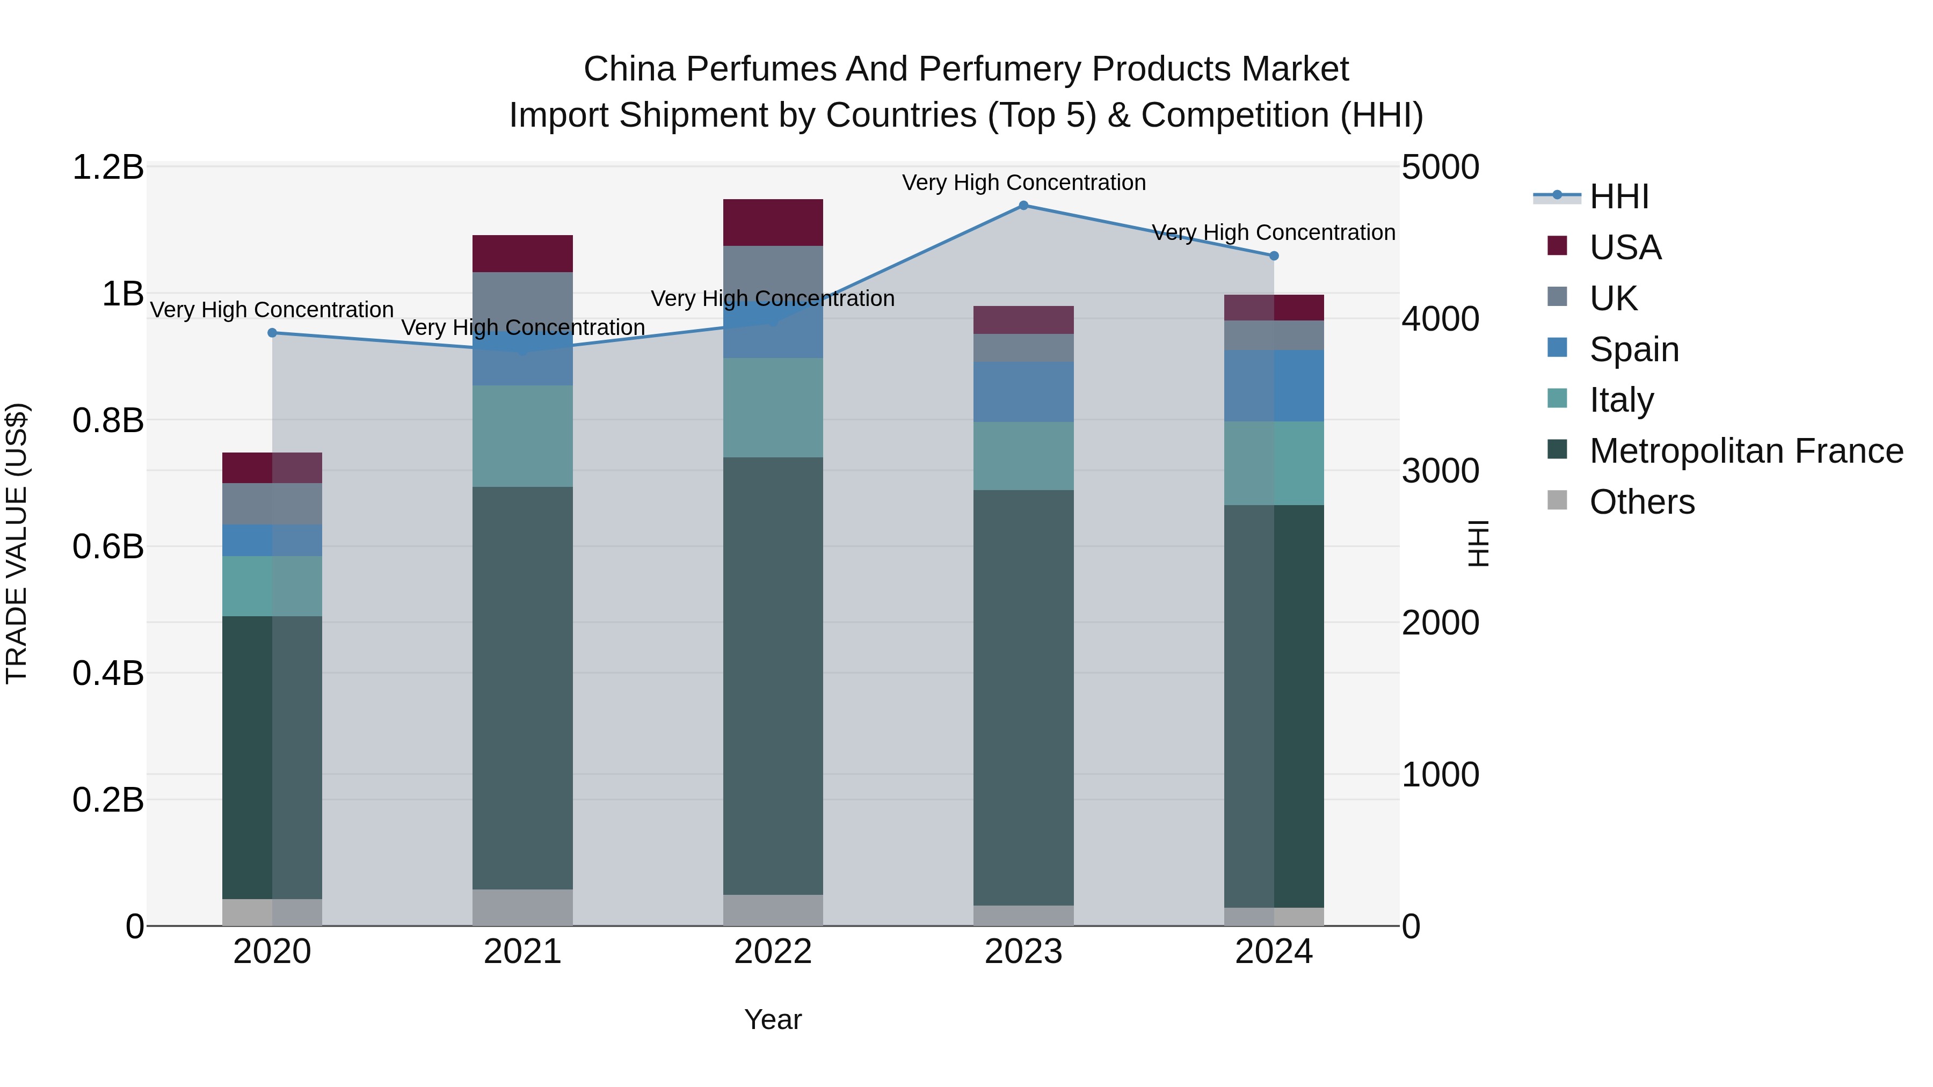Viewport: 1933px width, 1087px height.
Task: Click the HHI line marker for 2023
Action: point(1023,206)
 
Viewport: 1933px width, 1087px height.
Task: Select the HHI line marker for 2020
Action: point(272,333)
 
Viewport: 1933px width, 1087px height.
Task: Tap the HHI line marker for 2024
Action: point(1274,256)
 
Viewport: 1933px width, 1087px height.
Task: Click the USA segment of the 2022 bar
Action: point(773,222)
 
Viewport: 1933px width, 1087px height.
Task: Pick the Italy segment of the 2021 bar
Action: point(522,436)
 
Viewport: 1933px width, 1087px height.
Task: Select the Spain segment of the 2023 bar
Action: point(1023,392)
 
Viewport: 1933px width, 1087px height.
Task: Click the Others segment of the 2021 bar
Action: point(522,907)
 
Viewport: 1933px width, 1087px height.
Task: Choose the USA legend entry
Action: point(1625,247)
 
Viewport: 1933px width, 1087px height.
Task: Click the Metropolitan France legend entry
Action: point(1746,451)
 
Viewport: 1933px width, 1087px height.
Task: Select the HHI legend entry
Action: point(1618,196)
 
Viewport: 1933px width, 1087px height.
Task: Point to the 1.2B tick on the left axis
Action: point(108,167)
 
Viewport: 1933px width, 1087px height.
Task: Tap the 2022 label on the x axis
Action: point(773,952)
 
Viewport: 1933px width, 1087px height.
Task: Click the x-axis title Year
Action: point(773,1019)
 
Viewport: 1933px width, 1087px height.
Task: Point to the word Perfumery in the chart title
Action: point(999,69)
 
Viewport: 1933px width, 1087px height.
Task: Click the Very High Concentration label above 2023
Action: point(1023,183)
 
